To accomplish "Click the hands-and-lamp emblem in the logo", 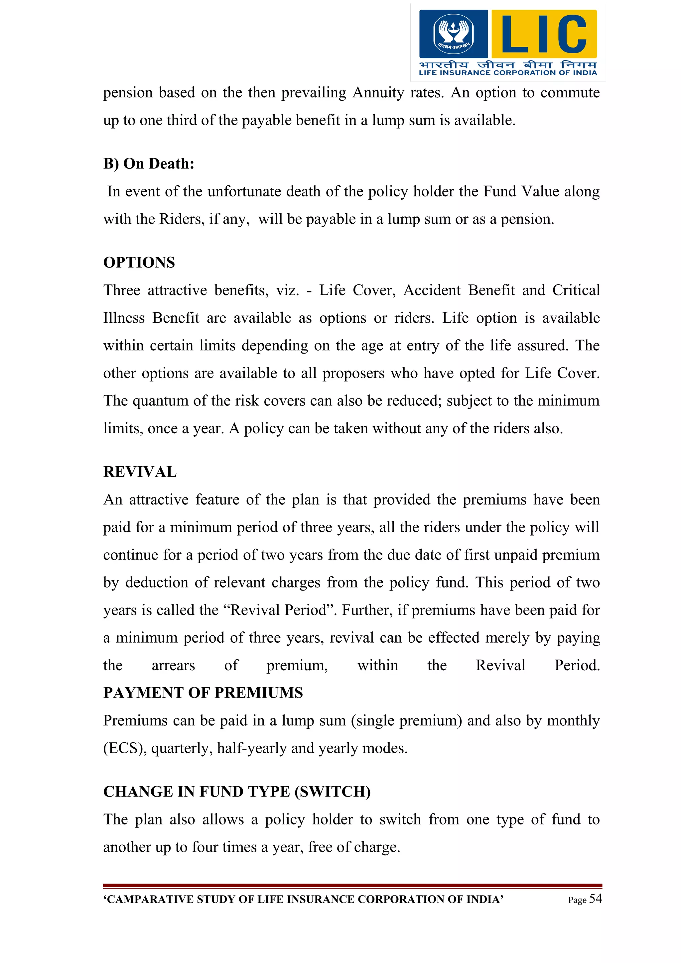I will pos(453,34).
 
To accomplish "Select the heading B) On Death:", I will pos(149,163).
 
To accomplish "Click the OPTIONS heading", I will pos(139,263).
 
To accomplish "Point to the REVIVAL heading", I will pos(140,472).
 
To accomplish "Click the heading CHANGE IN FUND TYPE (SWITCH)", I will pos(237,792).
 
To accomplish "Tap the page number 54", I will pos(596,899).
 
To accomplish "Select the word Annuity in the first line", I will pos(378,93).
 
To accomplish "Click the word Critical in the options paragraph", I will pos(576,290).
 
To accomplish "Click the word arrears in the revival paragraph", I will pos(173,666).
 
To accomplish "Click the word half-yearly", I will pos(252,748).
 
